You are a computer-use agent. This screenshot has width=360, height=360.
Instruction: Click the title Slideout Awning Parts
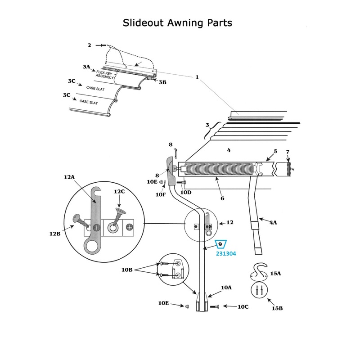(x=178, y=22)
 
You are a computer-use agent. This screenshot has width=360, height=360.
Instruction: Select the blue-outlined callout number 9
(x=220, y=244)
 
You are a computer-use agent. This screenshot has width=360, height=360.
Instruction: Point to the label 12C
(x=119, y=192)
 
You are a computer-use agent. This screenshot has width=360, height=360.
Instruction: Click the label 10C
(x=243, y=306)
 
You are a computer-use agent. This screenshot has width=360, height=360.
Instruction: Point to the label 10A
(x=226, y=287)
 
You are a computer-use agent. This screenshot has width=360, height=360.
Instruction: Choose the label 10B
(x=127, y=270)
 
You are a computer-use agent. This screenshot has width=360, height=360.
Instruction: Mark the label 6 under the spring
(x=222, y=198)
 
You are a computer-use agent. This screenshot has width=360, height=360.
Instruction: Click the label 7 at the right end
(x=288, y=152)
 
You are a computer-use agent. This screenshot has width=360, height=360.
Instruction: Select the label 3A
(x=86, y=67)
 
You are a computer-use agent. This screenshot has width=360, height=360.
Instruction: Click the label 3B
(x=162, y=82)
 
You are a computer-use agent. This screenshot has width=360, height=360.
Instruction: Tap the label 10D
(x=185, y=192)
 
